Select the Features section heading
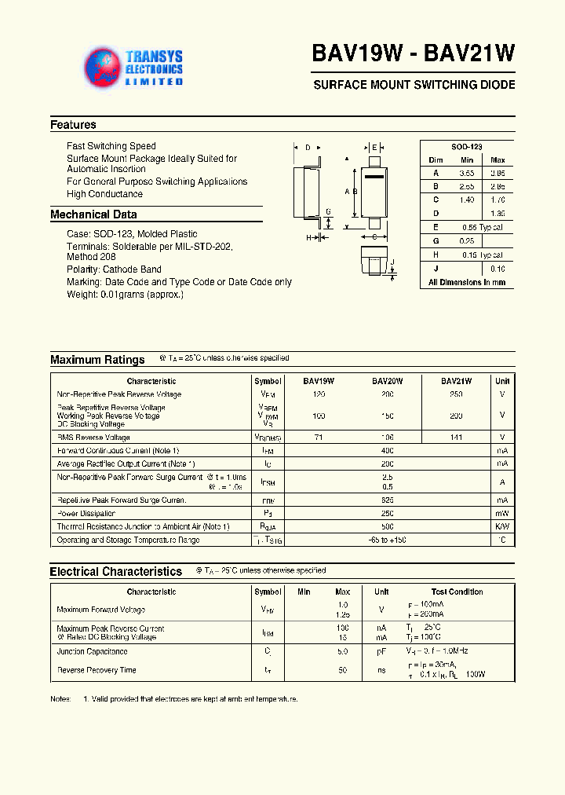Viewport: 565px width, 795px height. (x=73, y=125)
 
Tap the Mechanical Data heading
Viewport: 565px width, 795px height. (x=93, y=214)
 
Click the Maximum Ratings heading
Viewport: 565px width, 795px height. (x=97, y=360)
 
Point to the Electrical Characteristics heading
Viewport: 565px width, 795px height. (x=115, y=572)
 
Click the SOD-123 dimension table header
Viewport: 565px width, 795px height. (x=466, y=147)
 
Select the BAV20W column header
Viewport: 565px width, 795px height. (x=387, y=381)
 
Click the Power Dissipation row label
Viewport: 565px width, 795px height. (x=86, y=514)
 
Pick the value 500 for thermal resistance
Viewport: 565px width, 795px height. (x=387, y=527)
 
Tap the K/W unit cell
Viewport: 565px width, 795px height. (x=502, y=527)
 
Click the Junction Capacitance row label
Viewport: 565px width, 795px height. (x=92, y=652)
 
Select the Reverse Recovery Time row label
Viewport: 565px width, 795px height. (x=96, y=670)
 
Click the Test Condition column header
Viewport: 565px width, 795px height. (x=457, y=592)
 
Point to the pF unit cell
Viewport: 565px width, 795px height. (x=381, y=652)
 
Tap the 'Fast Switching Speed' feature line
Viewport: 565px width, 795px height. (x=111, y=146)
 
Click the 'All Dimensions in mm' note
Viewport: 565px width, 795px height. (x=466, y=282)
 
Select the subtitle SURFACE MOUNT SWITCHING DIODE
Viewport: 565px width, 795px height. (x=414, y=85)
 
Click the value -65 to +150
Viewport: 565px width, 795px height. (x=387, y=540)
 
